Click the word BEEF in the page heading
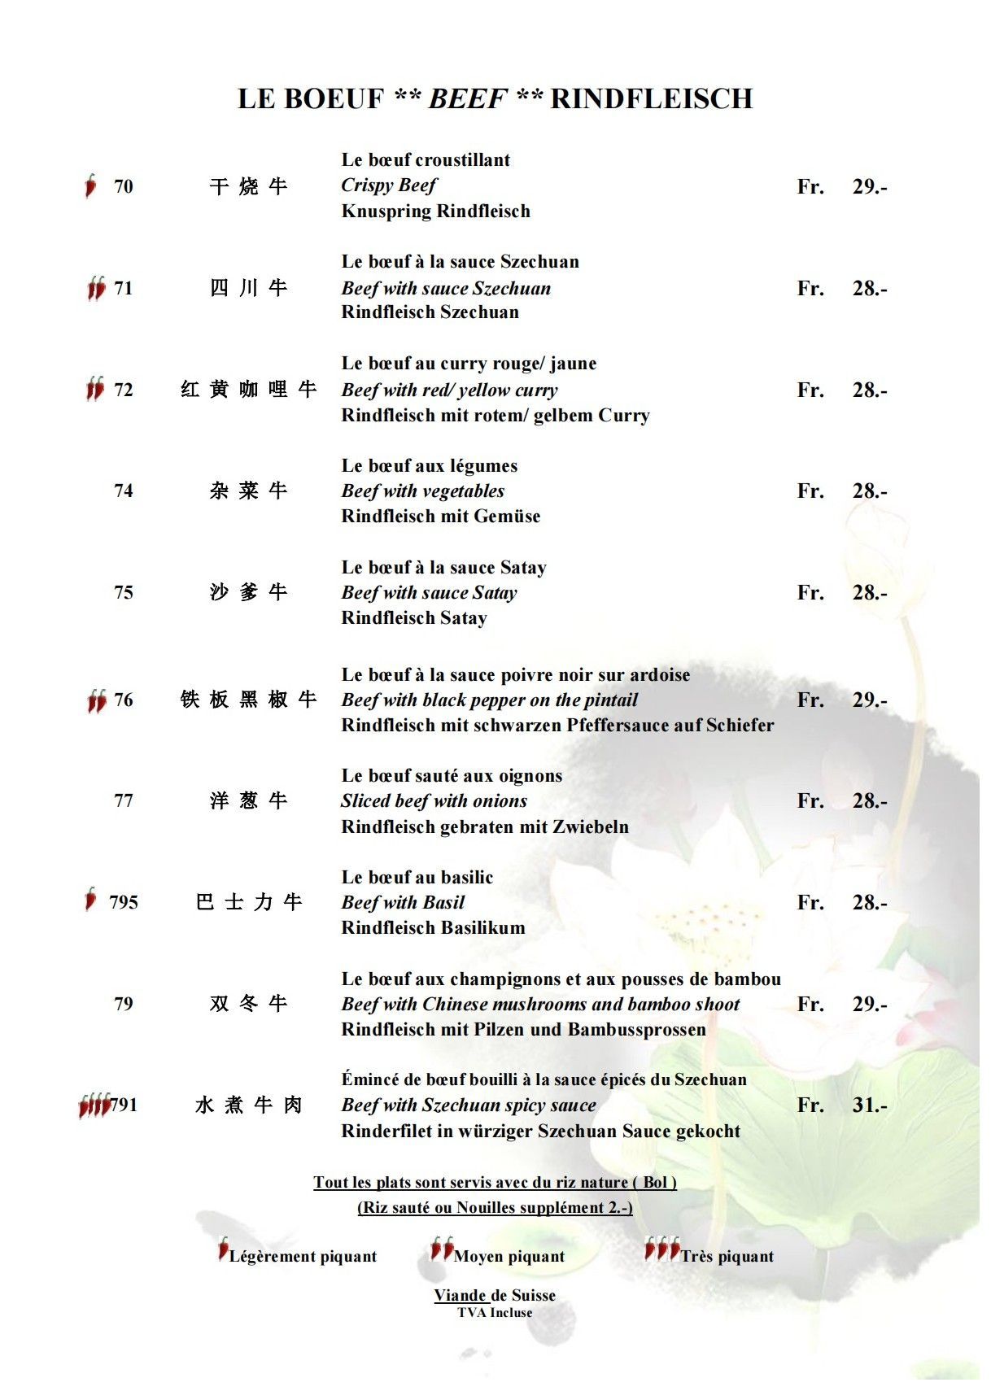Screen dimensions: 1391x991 pos(468,98)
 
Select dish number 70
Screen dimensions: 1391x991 pos(124,186)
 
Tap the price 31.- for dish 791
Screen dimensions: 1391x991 pos(869,1105)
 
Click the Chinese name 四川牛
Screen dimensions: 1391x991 pos(248,288)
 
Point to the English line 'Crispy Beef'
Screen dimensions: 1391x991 pos(389,185)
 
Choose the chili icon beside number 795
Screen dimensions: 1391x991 pos(91,899)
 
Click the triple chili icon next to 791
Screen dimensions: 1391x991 pos(94,1105)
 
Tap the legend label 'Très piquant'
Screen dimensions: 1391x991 pos(727,1256)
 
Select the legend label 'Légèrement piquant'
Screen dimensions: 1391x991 pos(303,1256)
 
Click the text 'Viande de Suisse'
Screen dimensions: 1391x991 pos(495,1295)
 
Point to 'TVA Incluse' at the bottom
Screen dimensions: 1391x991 pos(495,1312)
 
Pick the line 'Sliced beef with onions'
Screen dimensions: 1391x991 pos(434,800)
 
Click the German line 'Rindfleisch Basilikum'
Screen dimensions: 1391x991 pos(433,927)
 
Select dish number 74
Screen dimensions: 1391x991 pos(124,491)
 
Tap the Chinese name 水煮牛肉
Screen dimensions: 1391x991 pos(248,1105)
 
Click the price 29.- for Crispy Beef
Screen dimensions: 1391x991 pos(869,186)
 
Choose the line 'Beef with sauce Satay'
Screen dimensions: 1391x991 pos(429,592)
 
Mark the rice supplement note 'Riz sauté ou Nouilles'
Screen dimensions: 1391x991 pos(495,1207)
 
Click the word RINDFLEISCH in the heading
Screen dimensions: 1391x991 pos(652,98)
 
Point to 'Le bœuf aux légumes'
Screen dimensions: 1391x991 pos(430,465)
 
